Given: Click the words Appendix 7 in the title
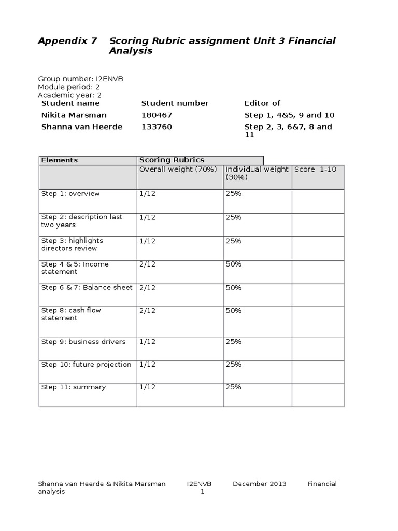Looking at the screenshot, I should tap(67, 41).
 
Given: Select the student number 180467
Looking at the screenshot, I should tap(157, 115).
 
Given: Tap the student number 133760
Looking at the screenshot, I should tap(157, 127).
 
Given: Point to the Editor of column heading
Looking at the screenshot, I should tap(262, 103).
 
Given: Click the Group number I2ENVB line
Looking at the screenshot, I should tap(80, 79).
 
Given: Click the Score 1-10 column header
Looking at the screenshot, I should tap(315, 170).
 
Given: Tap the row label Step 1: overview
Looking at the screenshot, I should tap(70, 194).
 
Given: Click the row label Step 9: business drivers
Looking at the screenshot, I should tap(83, 342).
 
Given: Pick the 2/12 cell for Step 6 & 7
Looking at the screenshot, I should tap(148, 288).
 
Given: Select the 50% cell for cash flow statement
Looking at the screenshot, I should tap(234, 311).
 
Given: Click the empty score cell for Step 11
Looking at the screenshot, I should tap(318, 394).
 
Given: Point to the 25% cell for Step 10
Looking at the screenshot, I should tap(234, 365).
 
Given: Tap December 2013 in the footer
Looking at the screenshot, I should tap(259, 484).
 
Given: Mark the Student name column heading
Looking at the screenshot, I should tap(70, 103).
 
